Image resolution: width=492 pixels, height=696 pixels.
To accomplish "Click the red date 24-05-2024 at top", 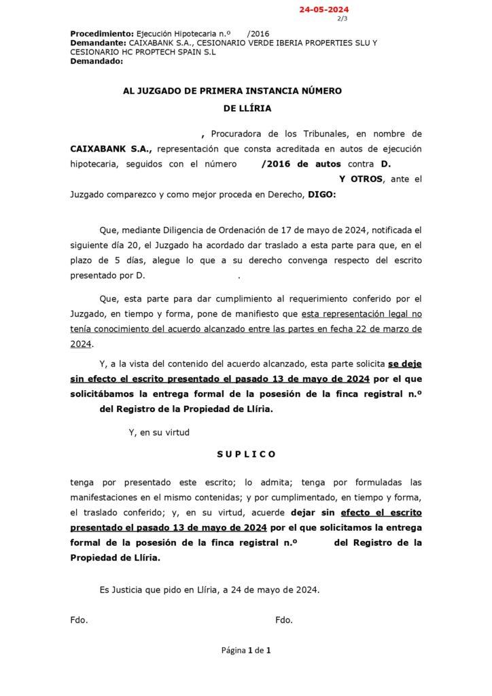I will coord(324,10).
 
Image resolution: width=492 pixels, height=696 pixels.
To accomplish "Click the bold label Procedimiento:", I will coord(102,33).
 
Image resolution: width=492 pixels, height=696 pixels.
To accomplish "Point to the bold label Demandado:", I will coord(96,60).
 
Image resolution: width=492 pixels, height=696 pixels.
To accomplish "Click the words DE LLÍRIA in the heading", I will coord(246,107).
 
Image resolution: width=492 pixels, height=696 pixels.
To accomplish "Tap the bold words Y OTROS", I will coord(360,179).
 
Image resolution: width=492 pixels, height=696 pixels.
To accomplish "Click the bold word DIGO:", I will coord(321,194).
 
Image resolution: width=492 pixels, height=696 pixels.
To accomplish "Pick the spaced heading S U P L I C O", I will coord(246,453).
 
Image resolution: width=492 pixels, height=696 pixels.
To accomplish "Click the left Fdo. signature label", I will coord(79,619).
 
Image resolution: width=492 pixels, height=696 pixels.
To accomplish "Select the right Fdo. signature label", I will coord(283,619).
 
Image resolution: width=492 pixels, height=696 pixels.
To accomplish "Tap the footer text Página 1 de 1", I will coord(246,650).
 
